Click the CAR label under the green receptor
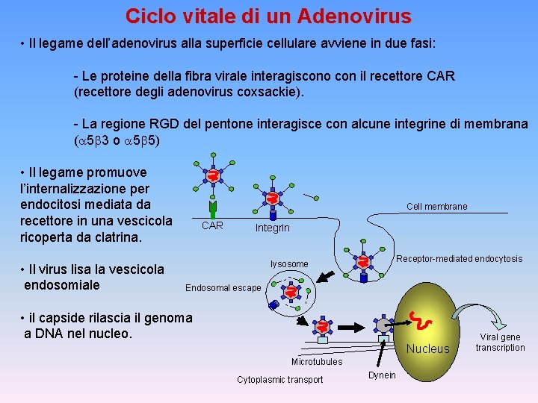(213, 225)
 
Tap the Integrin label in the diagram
(272, 228)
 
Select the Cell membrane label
(436, 206)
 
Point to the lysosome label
(288, 264)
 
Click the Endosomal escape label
(223, 288)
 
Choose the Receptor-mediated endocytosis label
(459, 259)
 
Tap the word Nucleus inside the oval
(428, 349)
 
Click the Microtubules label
(317, 362)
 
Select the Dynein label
(382, 375)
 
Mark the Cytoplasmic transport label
(280, 380)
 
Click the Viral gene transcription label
(500, 343)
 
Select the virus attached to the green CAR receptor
(213, 176)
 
